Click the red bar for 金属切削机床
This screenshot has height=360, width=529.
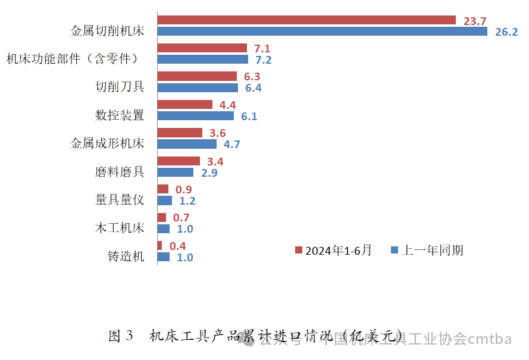click(306, 20)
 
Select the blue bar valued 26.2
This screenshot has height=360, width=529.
click(323, 32)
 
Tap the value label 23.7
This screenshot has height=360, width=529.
click(475, 21)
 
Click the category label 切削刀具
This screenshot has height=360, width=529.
click(120, 87)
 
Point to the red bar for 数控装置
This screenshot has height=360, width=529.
click(185, 105)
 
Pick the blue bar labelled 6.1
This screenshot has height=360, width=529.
click(196, 116)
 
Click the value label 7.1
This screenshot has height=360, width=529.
click(262, 48)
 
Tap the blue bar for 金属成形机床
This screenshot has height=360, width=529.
click(187, 144)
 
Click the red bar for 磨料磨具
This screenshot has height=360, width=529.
click(179, 161)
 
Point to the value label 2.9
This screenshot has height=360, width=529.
click(209, 173)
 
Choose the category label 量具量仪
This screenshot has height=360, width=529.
click(120, 200)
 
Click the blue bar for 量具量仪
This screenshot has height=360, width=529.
click(165, 201)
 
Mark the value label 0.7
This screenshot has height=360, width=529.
click(181, 218)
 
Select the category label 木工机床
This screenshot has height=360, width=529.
click(120, 228)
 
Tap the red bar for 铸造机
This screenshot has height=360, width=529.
click(160, 246)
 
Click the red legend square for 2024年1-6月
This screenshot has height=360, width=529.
click(299, 251)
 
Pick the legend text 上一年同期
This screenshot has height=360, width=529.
click(433, 251)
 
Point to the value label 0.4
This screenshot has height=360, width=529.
click(177, 246)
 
